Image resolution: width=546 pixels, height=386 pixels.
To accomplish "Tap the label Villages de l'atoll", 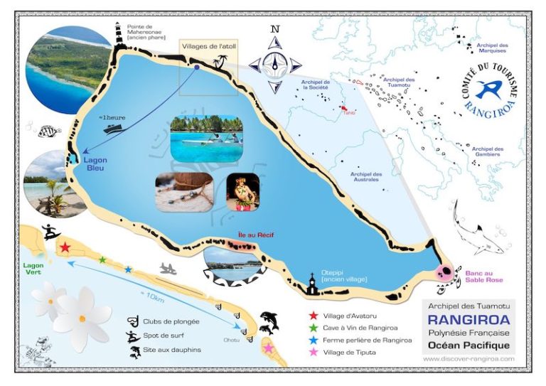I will click(x=207, y=46).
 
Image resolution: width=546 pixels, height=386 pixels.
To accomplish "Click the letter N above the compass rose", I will click(x=274, y=29).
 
